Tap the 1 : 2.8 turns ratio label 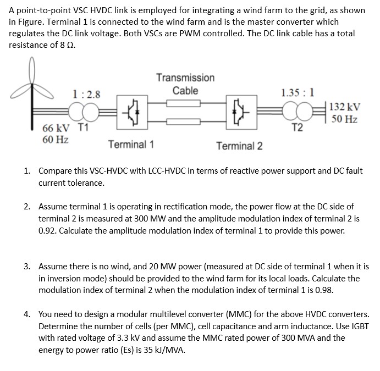[x=86, y=94]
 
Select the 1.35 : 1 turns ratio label [x=297, y=92]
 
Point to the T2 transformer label [x=297, y=128]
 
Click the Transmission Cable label [x=185, y=84]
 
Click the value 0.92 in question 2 [x=48, y=230]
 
